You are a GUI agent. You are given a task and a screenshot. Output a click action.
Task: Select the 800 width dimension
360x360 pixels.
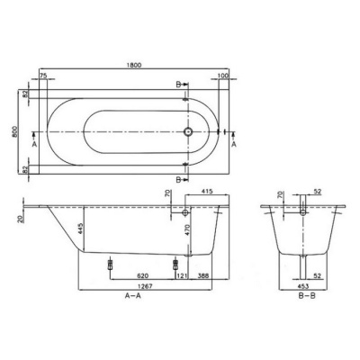pyautogui.click(x=14, y=131)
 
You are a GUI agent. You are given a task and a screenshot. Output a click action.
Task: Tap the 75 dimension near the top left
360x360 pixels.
pyautogui.click(x=43, y=76)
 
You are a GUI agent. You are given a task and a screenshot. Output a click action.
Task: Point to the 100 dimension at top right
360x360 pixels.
pyautogui.click(x=223, y=76)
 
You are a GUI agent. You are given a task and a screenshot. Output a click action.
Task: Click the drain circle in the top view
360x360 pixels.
pyautogui.click(x=188, y=131)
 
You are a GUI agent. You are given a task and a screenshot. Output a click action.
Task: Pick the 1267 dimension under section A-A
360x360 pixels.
pyautogui.click(x=145, y=286)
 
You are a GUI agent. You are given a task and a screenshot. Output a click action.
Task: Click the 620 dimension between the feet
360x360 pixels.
pyautogui.click(x=143, y=275)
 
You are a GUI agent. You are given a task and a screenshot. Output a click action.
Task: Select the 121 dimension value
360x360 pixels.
pyautogui.click(x=182, y=275)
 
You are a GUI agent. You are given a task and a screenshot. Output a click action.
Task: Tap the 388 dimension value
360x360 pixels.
pyautogui.click(x=203, y=275)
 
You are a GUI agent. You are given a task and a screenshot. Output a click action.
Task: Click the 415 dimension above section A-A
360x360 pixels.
pyautogui.click(x=207, y=191)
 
